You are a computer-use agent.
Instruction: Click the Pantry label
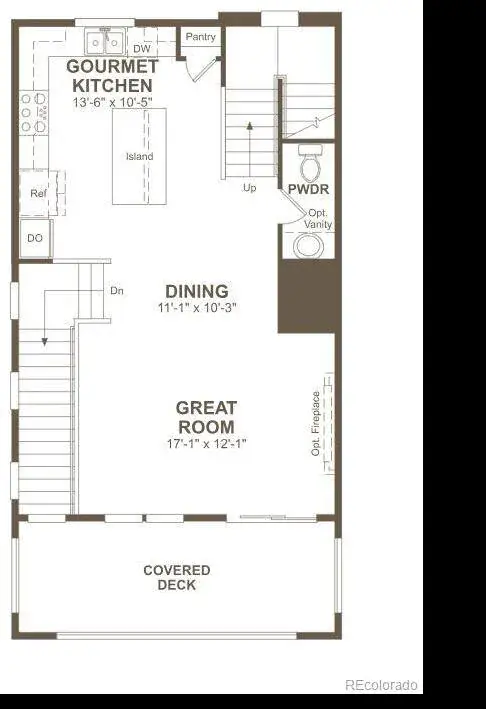pyautogui.click(x=200, y=37)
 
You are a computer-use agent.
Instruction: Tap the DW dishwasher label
pyautogui.click(x=142, y=48)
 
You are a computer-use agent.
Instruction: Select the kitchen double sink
pyautogui.click(x=105, y=42)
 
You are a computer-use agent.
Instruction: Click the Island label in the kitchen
pyautogui.click(x=139, y=156)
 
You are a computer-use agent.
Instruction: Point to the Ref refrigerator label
pyautogui.click(x=38, y=193)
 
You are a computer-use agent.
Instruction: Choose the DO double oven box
pyautogui.click(x=36, y=238)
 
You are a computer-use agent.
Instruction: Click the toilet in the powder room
pyautogui.click(x=310, y=164)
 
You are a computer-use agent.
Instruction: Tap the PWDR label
pyautogui.click(x=308, y=189)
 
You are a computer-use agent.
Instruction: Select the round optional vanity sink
pyautogui.click(x=309, y=246)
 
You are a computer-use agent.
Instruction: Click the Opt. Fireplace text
pyautogui.click(x=316, y=424)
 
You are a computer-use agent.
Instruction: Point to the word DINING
pyautogui.click(x=197, y=291)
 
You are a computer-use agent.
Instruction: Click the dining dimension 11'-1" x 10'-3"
pyautogui.click(x=197, y=307)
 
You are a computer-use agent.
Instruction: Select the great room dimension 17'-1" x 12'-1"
pyautogui.click(x=206, y=443)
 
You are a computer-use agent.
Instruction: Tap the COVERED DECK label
pyautogui.click(x=177, y=577)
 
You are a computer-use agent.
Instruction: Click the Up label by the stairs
pyautogui.click(x=249, y=188)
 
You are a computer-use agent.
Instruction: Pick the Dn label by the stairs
pyautogui.click(x=117, y=291)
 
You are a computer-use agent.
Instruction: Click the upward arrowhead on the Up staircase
pyautogui.click(x=249, y=125)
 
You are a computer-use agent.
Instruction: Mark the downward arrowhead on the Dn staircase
pyautogui.click(x=44, y=342)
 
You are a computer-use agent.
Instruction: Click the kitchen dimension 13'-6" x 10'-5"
pyautogui.click(x=113, y=102)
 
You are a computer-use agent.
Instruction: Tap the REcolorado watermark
pyautogui.click(x=381, y=685)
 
